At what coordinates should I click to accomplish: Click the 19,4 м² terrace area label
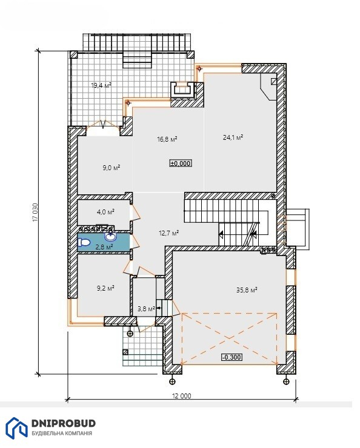point(101,85)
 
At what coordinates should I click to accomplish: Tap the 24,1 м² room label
point(233,137)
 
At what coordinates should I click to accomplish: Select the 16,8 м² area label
point(167,139)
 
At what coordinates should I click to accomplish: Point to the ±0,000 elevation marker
point(181,163)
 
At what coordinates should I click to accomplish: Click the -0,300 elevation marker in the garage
point(232,357)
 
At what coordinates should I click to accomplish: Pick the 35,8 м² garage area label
point(247,290)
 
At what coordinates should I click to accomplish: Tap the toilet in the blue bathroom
point(84,243)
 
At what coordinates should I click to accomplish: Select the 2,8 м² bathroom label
point(104,247)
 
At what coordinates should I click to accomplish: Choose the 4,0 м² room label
point(106,212)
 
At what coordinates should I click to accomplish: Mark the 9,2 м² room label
point(105,288)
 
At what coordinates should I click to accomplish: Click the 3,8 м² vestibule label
point(146,309)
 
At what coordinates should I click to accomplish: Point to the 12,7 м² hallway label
point(168,233)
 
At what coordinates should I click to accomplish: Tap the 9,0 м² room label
point(112,168)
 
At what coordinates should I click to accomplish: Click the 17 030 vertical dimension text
point(35,212)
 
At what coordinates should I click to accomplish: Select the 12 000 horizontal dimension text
point(182,396)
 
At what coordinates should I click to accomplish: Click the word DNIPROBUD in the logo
point(64,423)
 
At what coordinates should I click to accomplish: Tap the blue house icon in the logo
point(16,427)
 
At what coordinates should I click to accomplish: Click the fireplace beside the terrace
point(182,90)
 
